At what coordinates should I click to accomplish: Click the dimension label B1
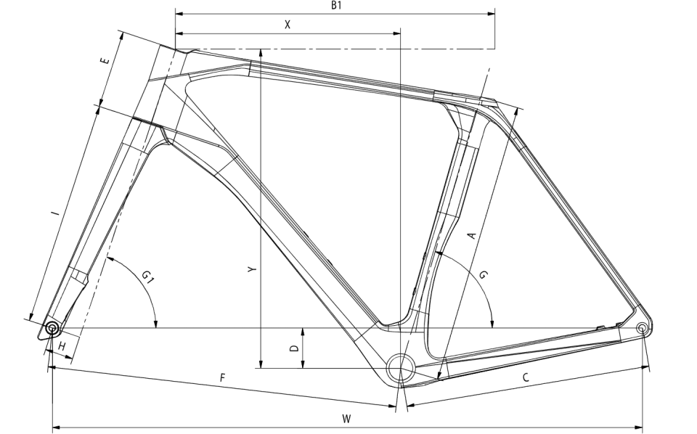pos(336,5)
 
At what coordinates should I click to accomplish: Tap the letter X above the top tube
pos(288,25)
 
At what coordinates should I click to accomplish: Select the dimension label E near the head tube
pos(105,60)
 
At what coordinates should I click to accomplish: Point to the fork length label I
pos(55,213)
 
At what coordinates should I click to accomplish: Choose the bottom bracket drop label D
pos(294,348)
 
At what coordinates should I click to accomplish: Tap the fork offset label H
pos(62,346)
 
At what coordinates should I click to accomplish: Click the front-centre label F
pos(223,377)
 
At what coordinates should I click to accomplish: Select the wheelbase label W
pos(347,419)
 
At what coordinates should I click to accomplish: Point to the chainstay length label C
pos(526,377)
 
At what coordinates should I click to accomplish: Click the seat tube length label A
pos(472,235)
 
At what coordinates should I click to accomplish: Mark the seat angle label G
pos(484,274)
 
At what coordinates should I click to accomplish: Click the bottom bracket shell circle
pos(401,368)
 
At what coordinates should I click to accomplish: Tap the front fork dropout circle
pos(52,329)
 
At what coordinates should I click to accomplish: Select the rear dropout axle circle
pos(641,328)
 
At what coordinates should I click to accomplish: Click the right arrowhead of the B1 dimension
pos(492,14)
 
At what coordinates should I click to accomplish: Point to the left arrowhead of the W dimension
pos(57,427)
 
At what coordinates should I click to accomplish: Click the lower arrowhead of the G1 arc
pos(155,324)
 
